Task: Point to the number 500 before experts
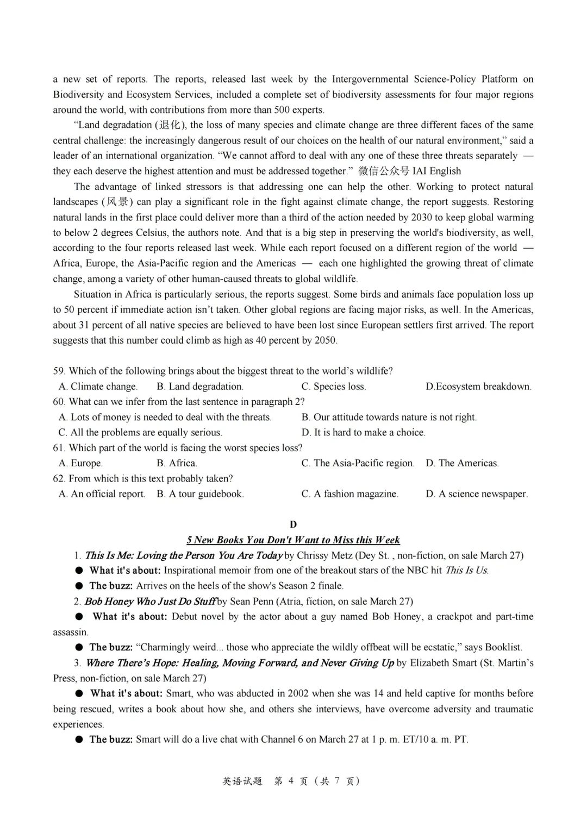pyautogui.click(x=282, y=110)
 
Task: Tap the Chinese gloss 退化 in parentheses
pyautogui.click(x=172, y=125)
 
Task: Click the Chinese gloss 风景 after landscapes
pyautogui.click(x=117, y=202)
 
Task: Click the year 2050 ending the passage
pyautogui.click(x=324, y=340)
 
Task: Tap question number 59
pyautogui.click(x=59, y=371)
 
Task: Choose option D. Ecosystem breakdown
pyautogui.click(x=478, y=387)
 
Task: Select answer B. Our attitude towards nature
pyautogui.click(x=389, y=417)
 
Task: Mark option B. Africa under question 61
pyautogui.click(x=177, y=463)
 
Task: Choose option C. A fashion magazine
pyautogui.click(x=349, y=494)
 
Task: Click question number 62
pyautogui.click(x=59, y=479)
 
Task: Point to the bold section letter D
pyautogui.click(x=293, y=524)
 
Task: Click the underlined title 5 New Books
pyautogui.click(x=293, y=540)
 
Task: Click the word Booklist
pyautogui.click(x=503, y=648)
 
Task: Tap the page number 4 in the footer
pyautogui.click(x=291, y=781)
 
